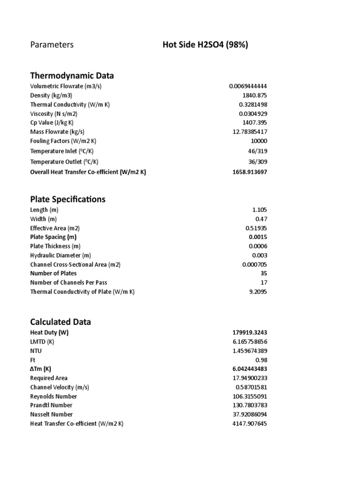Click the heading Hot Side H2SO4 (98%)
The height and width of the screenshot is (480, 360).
pyautogui.click(x=205, y=45)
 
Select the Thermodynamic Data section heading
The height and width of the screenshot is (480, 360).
pyautogui.click(x=72, y=75)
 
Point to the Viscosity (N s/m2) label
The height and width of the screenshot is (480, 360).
pyautogui.click(x=54, y=114)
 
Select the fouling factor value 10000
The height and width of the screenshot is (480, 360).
pyautogui.click(x=259, y=141)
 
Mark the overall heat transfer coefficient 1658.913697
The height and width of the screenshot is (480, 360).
pyautogui.click(x=250, y=172)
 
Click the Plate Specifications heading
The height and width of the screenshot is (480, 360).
pyautogui.click(x=67, y=199)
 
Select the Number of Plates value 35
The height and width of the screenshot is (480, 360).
pyautogui.click(x=264, y=273)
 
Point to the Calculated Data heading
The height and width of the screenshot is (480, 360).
pyautogui.click(x=60, y=322)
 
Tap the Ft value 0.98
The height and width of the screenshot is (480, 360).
pyautogui.click(x=262, y=360)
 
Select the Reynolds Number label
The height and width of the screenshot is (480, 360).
pyautogui.click(x=53, y=397)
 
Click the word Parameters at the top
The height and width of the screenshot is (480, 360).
pyautogui.click(x=52, y=45)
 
